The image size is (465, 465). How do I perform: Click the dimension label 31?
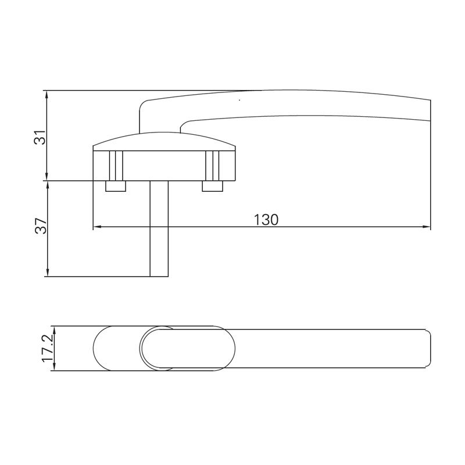(x=39, y=137)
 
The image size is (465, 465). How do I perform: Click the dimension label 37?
(x=39, y=226)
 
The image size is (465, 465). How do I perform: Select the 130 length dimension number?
(x=266, y=220)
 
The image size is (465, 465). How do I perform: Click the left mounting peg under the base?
(x=115, y=186)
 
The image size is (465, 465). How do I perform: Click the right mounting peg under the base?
(x=212, y=186)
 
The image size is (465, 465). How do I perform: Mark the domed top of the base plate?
(x=164, y=138)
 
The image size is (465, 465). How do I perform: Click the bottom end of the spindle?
(x=159, y=275)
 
